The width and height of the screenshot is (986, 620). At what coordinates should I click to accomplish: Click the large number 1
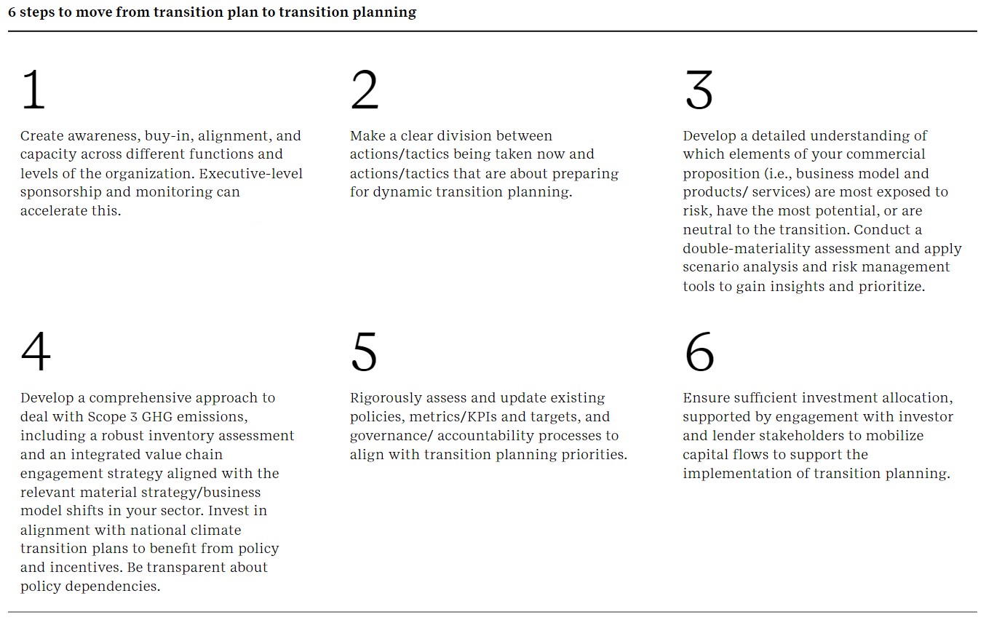tap(33, 90)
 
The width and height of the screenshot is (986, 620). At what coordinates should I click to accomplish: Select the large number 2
tap(365, 90)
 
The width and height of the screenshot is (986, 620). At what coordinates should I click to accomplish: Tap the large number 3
tap(699, 90)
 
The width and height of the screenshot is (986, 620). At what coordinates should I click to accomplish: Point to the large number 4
tap(36, 352)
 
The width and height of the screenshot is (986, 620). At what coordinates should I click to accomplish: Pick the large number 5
tap(365, 352)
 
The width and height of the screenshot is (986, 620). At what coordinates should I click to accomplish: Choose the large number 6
tap(699, 352)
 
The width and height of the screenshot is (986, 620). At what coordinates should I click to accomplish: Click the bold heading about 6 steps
tap(212, 12)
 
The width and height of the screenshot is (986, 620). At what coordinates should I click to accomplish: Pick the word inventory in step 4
tap(188, 436)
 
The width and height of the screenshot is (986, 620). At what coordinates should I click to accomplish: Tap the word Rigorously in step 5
tap(386, 398)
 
